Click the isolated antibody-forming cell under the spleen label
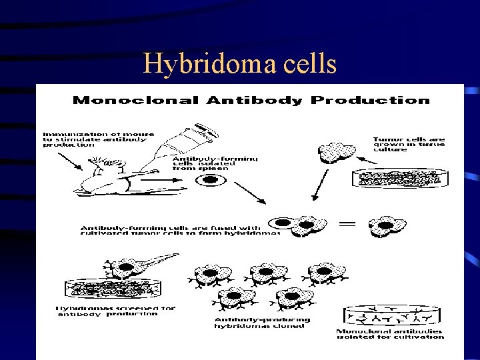(x=210, y=179)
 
